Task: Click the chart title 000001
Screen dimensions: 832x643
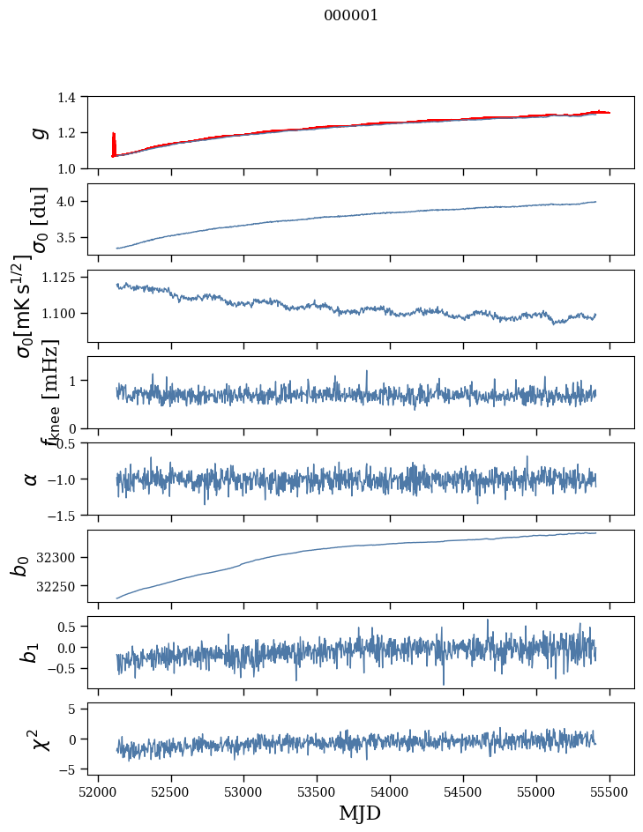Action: (351, 16)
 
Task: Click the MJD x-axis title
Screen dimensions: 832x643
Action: (360, 813)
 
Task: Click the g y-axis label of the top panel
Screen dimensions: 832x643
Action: (38, 132)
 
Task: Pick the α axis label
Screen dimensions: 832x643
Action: (32, 479)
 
